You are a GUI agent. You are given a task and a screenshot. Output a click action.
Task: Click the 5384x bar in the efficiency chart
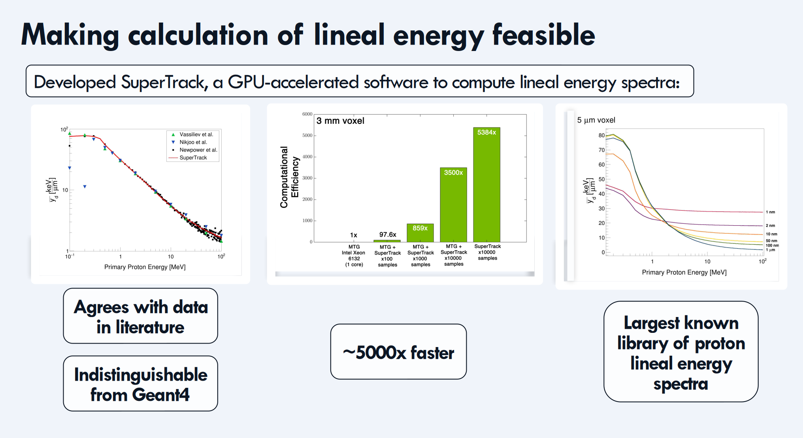click(x=486, y=185)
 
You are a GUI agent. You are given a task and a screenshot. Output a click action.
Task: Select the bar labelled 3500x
click(x=453, y=205)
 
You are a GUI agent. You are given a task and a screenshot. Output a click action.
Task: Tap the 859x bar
click(x=420, y=233)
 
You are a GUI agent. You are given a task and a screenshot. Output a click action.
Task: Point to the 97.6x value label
click(x=388, y=234)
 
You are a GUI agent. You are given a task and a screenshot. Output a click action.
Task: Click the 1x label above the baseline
click(x=354, y=235)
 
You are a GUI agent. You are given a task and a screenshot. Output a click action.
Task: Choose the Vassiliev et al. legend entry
click(x=192, y=134)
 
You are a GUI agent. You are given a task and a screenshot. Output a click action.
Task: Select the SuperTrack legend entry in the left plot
click(x=188, y=157)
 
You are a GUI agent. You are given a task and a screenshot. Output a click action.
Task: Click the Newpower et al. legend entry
click(x=194, y=150)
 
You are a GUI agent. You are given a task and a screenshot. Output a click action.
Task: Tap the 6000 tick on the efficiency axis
click(x=307, y=114)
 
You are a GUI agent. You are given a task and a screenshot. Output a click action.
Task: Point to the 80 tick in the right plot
click(x=601, y=135)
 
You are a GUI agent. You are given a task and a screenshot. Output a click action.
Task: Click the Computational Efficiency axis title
click(x=289, y=177)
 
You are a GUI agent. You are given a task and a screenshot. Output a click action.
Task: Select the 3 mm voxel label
click(x=340, y=121)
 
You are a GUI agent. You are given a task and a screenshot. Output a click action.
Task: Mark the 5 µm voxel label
click(x=596, y=120)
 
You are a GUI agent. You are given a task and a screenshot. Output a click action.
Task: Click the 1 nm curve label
click(x=771, y=212)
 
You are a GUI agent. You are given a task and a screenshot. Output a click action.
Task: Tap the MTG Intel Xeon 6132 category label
click(x=354, y=256)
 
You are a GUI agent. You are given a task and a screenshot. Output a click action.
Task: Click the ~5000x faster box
click(x=398, y=352)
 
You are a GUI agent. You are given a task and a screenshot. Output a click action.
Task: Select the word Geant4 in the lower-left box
click(x=161, y=395)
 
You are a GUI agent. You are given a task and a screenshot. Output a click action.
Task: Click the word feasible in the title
click(x=543, y=35)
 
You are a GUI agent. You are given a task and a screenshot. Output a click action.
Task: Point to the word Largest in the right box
click(x=652, y=323)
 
